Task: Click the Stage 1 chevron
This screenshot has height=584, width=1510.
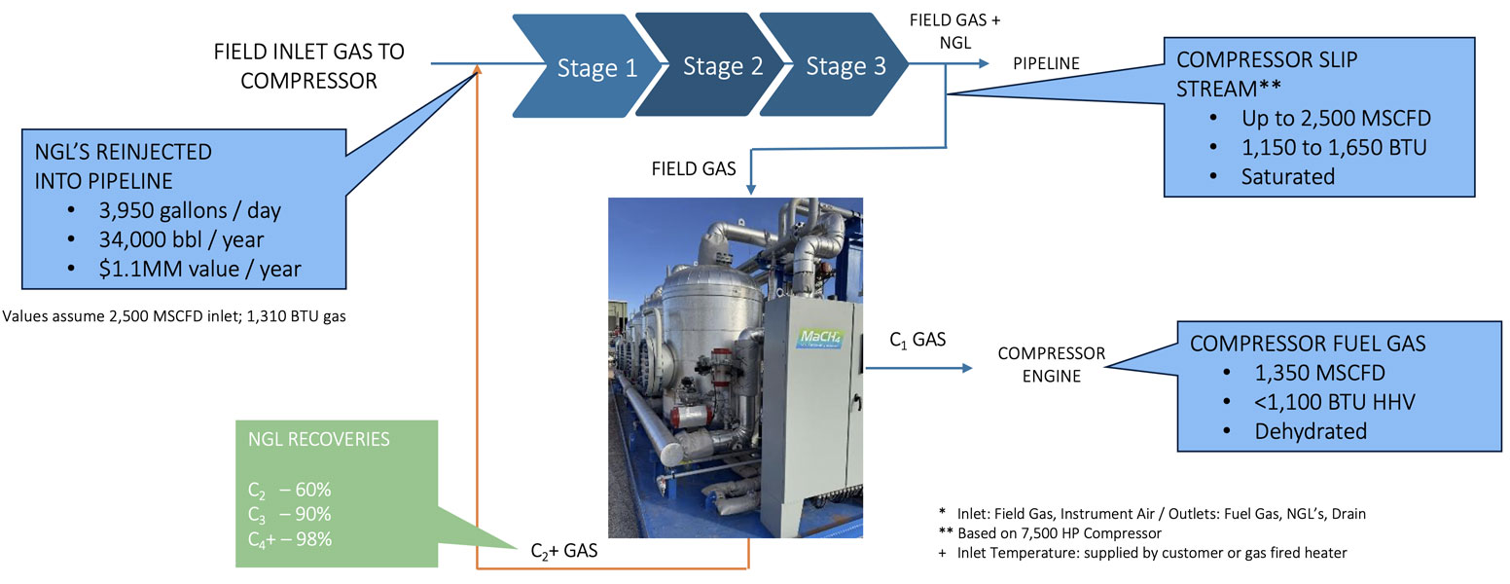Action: [587, 65]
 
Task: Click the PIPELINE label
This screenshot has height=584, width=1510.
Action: [1046, 63]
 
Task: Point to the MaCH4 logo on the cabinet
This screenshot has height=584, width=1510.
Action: [820, 337]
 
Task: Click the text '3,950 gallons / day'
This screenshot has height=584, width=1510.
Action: [190, 210]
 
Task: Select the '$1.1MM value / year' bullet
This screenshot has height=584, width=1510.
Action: [199, 269]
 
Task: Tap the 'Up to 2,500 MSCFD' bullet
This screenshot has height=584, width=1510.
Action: [1336, 118]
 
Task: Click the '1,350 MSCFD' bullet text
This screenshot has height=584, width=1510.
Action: [1320, 373]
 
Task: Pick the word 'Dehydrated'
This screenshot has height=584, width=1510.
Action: [1311, 431]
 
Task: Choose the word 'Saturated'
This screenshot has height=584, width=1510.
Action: [1287, 177]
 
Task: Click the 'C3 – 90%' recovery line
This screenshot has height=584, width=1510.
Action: [289, 515]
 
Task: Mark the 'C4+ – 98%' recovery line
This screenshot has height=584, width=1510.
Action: [290, 539]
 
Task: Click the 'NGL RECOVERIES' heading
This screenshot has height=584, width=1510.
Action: [319, 439]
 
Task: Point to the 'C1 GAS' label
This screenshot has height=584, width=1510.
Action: [917, 340]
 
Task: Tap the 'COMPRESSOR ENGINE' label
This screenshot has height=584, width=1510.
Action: [1052, 365]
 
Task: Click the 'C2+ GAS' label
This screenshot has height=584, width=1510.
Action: [564, 552]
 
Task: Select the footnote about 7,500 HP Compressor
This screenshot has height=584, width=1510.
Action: [1050, 533]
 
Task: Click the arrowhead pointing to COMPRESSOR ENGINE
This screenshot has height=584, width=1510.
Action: [968, 368]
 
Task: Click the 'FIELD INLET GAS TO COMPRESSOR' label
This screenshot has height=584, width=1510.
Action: [308, 66]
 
